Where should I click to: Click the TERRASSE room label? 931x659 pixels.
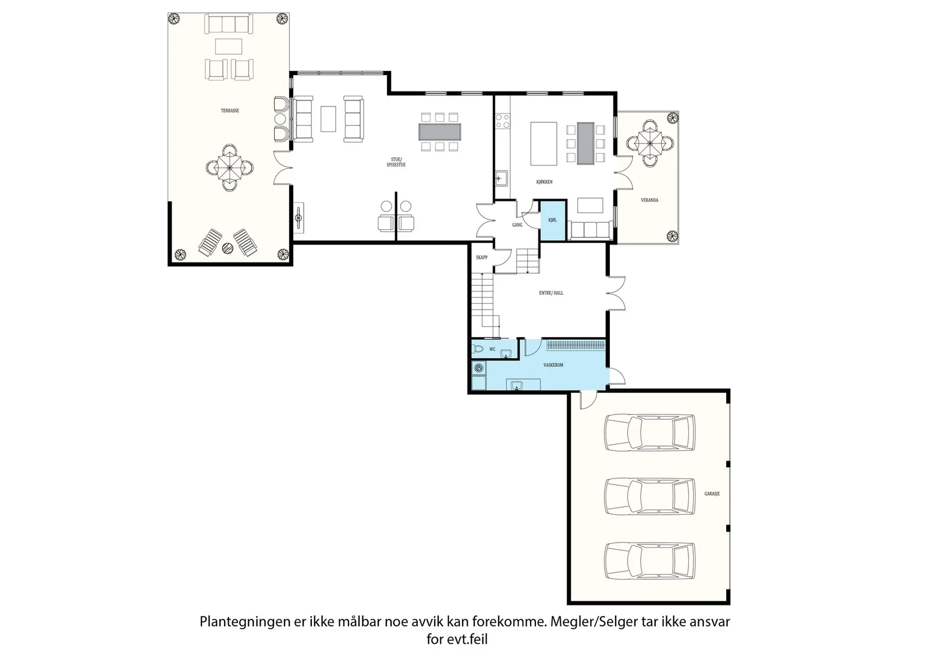point(230,111)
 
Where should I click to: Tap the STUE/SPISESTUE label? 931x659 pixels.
point(396,162)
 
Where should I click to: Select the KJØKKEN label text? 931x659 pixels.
point(544,182)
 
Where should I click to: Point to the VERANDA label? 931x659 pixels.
point(649,200)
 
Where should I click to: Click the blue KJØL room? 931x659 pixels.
point(553,221)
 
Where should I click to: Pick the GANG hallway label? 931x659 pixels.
point(517,225)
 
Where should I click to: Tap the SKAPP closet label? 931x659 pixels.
point(482,257)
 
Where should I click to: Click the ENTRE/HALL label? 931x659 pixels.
point(551,293)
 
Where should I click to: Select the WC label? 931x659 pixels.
point(492,349)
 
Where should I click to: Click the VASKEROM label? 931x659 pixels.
point(553,365)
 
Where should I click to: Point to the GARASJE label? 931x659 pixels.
point(712,494)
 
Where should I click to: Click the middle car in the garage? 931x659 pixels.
point(649,497)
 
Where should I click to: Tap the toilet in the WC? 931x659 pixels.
point(478,349)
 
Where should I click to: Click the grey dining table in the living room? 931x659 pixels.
point(439,132)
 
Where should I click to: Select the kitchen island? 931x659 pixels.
point(543,143)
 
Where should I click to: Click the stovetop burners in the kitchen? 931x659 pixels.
point(503,121)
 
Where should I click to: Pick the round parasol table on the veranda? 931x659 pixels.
point(649,143)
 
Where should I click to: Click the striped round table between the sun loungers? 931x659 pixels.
point(228,248)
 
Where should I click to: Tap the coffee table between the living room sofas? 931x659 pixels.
point(328,119)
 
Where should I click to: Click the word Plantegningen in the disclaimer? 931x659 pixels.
point(245,622)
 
